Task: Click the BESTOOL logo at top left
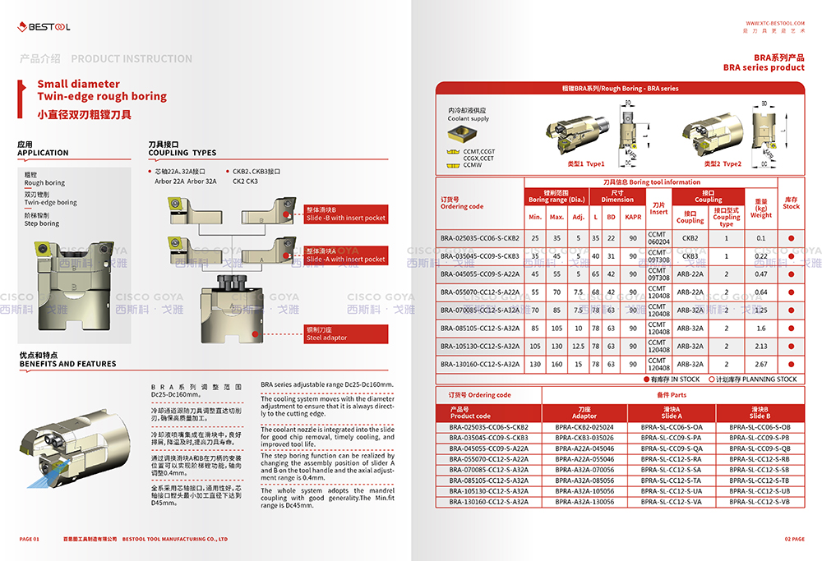pyautogui.click(x=45, y=26)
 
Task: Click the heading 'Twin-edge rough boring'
pyautogui.click(x=102, y=96)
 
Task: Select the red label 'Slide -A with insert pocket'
pyautogui.click(x=345, y=255)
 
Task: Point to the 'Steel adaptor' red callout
pyautogui.click(x=326, y=334)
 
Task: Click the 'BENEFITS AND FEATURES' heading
pyautogui.click(x=68, y=364)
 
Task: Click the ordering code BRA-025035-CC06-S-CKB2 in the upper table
pyautogui.click(x=480, y=238)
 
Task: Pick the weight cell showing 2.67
pyautogui.click(x=760, y=364)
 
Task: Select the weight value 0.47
pyautogui.click(x=760, y=274)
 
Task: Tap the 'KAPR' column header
pyautogui.click(x=633, y=217)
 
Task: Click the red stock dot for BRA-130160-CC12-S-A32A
pyautogui.click(x=792, y=364)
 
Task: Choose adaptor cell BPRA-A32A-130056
pyautogui.click(x=584, y=501)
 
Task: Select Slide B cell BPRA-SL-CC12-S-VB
pyautogui.click(x=758, y=501)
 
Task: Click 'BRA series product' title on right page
pyautogui.click(x=764, y=67)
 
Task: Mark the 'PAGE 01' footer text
pyautogui.click(x=29, y=539)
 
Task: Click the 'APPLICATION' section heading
pyautogui.click(x=43, y=153)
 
